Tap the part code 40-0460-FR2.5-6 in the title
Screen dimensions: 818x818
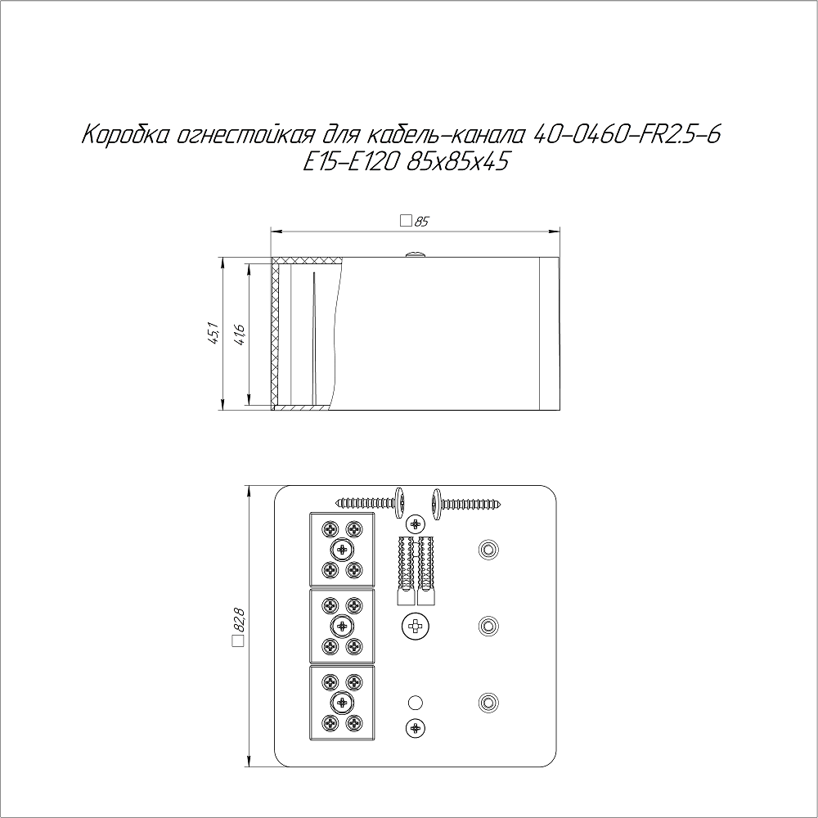628,135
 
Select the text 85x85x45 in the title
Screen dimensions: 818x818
457,162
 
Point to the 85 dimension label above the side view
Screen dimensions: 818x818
421,221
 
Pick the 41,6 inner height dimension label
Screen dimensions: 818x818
240,334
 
